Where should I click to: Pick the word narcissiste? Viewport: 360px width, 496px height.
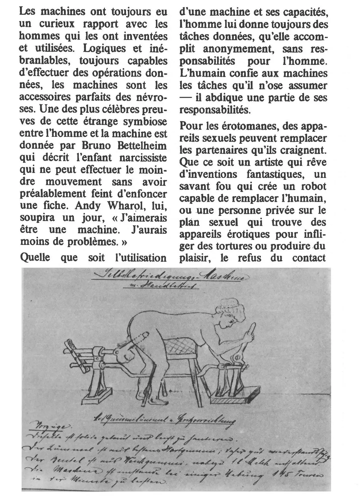[x=143, y=158]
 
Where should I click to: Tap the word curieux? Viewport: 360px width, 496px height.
[x=57, y=24]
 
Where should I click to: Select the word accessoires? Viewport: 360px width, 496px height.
[x=45, y=97]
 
